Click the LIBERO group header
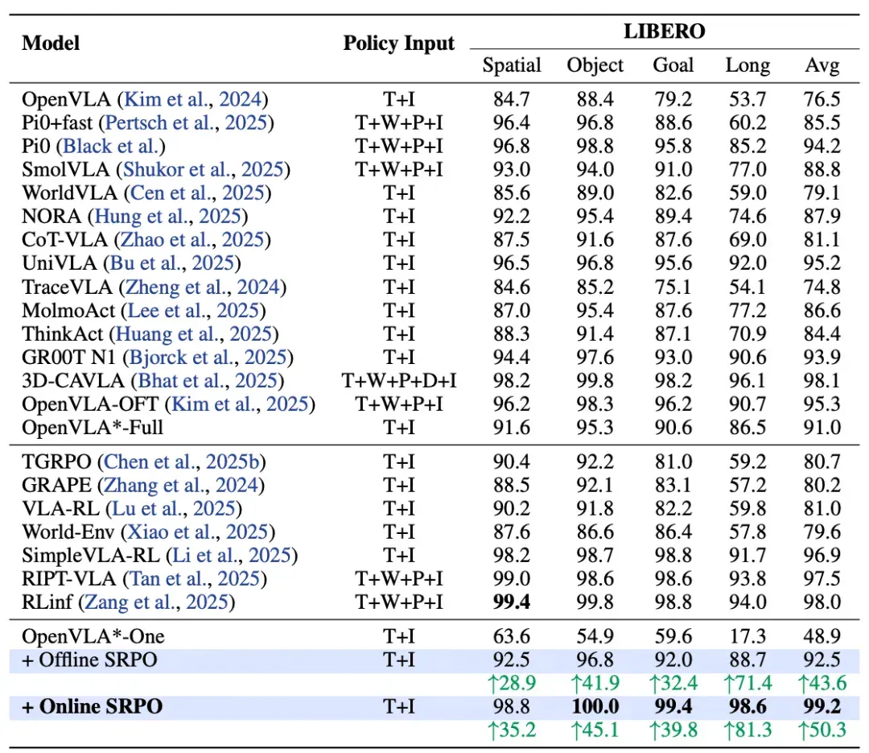[x=665, y=31]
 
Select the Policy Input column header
[x=398, y=43]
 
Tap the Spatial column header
[x=512, y=65]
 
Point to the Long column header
[x=748, y=65]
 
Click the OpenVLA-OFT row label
[x=90, y=404]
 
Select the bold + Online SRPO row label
[x=92, y=706]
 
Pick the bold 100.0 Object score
[x=595, y=706]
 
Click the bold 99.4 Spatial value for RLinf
[x=512, y=602]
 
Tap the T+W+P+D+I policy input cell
[x=399, y=381]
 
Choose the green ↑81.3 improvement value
[x=748, y=730]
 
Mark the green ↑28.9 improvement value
[x=512, y=683]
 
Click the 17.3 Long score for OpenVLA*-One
[x=748, y=636]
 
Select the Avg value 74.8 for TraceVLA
[x=822, y=288]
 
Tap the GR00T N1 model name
[x=70, y=358]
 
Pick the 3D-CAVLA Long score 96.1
[x=748, y=381]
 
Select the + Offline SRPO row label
[x=90, y=660]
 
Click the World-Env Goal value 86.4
[x=673, y=532]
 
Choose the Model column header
[x=51, y=43]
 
